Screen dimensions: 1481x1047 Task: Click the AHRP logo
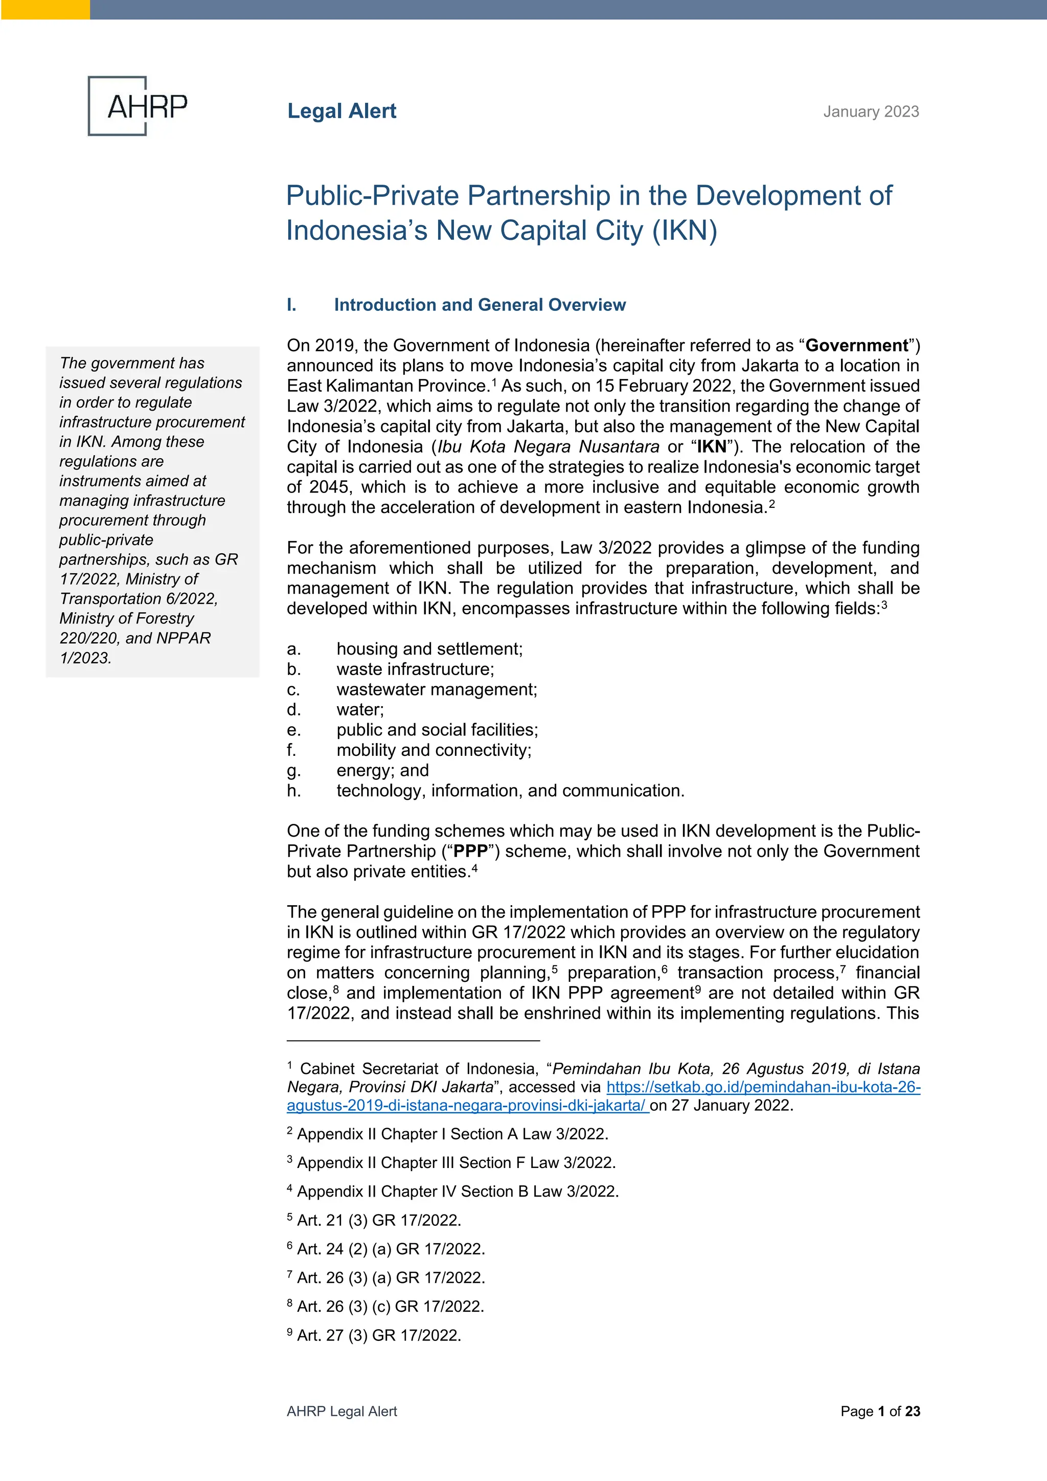[138, 106]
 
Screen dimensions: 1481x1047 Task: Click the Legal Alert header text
[342, 111]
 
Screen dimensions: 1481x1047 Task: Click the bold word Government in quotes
[857, 346]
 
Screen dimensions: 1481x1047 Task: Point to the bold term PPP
[470, 851]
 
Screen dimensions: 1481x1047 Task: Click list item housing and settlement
[429, 649]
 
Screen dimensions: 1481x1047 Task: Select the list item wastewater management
[437, 689]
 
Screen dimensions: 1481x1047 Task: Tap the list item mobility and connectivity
[433, 750]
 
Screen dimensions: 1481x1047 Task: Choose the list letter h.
[293, 791]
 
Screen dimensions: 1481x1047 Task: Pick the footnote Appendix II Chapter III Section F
[455, 1163]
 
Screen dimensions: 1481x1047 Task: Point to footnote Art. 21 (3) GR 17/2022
[378, 1220]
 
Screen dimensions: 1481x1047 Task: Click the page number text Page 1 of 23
[879, 1411]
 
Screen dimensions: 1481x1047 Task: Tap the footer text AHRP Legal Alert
[342, 1411]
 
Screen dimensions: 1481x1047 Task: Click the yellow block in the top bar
[45, 9]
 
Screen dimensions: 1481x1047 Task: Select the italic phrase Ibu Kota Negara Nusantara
[548, 447]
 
